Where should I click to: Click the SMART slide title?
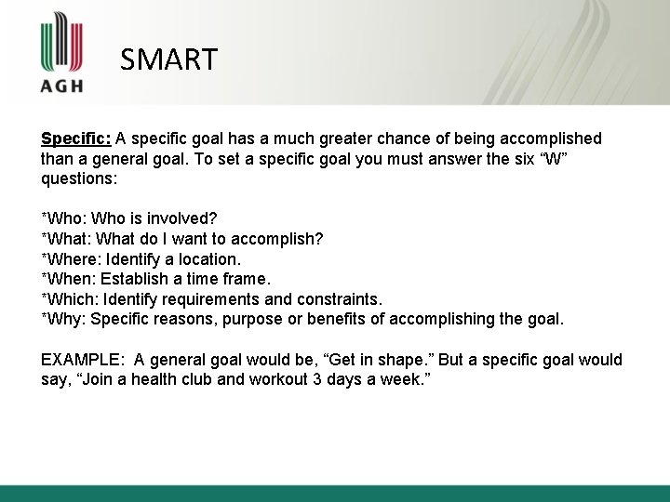(168, 59)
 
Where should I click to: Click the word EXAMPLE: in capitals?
(81, 360)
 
